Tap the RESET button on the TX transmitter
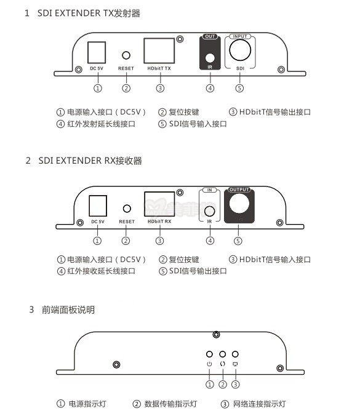[x=126, y=55]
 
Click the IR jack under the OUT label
[x=210, y=60]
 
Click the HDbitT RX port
[x=159, y=203]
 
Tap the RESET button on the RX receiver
[x=126, y=209]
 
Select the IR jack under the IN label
[x=210, y=209]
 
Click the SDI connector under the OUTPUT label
[x=239, y=204]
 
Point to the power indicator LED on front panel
[x=209, y=355]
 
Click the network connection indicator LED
[x=235, y=355]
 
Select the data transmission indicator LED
[x=222, y=355]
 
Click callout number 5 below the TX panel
[x=239, y=88]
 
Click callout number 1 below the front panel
[x=209, y=385]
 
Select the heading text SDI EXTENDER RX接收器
[x=90, y=161]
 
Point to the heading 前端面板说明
[x=68, y=310]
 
